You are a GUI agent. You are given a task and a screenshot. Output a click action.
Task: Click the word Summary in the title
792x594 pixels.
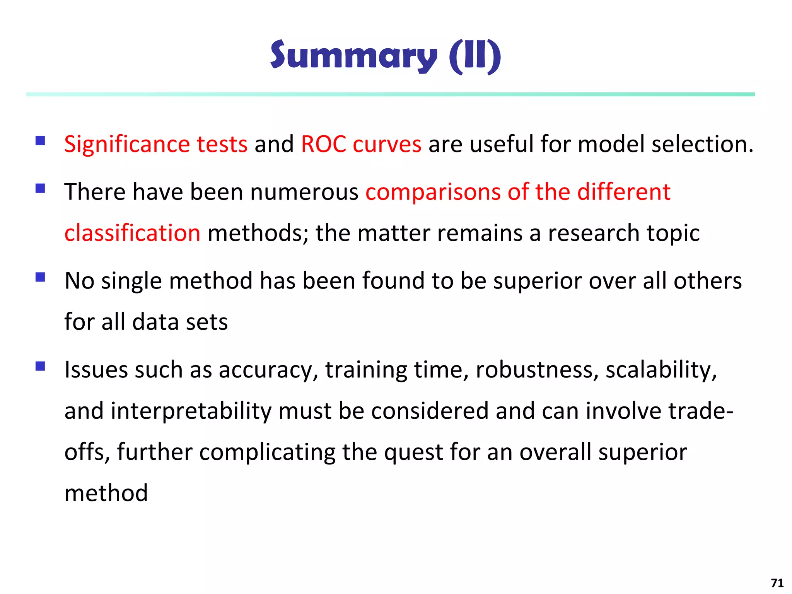click(x=353, y=56)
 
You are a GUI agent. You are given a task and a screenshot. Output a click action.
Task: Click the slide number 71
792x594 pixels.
click(x=777, y=583)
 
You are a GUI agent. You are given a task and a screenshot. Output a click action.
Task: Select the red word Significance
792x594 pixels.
click(x=127, y=144)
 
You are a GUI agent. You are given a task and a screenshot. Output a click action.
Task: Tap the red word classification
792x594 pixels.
click(x=132, y=233)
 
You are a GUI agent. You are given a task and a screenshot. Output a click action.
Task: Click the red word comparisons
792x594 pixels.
click(x=433, y=192)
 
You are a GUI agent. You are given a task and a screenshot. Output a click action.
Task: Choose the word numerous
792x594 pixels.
click(x=304, y=192)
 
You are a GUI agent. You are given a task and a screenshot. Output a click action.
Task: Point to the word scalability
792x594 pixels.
click(x=661, y=370)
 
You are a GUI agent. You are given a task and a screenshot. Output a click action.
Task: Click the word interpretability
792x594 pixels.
click(x=191, y=411)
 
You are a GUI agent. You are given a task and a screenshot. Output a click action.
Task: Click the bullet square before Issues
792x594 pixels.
click(x=40, y=366)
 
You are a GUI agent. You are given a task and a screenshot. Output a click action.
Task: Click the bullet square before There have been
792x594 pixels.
click(x=40, y=188)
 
